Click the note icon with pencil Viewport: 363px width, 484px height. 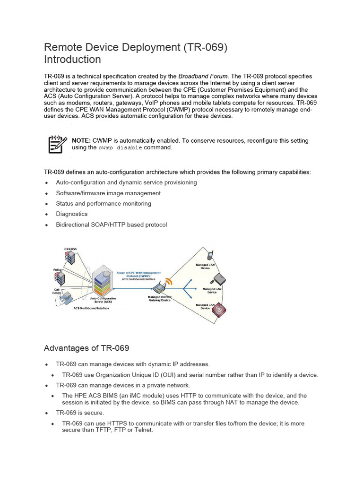[x=56, y=144]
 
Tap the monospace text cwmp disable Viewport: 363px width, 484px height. [x=120, y=147]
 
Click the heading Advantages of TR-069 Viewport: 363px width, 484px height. [x=86, y=348]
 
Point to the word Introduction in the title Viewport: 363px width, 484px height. [x=72, y=60]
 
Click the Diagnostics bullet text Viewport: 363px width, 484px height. [x=71, y=214]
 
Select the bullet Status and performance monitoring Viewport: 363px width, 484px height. [x=104, y=204]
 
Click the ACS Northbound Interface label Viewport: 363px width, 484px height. [x=91, y=309]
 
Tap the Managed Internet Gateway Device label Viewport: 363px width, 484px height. [x=159, y=299]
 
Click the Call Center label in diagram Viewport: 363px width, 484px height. [x=57, y=291]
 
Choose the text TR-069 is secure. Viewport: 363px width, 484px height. [x=80, y=413]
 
